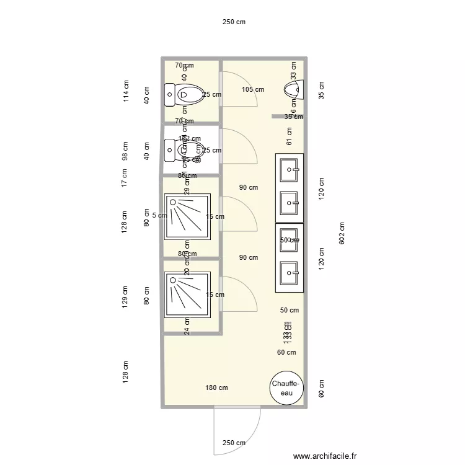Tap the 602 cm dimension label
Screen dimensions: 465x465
pyautogui.click(x=343, y=233)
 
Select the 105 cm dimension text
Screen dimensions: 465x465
pyautogui.click(x=252, y=89)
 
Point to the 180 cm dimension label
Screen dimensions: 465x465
pyautogui.click(x=216, y=388)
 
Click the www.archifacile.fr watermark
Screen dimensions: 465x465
pyautogui.click(x=325, y=456)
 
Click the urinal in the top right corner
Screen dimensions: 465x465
pyautogui.click(x=293, y=89)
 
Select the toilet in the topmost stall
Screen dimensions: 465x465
pyautogui.click(x=185, y=95)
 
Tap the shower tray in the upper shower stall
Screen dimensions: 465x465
pyautogui.click(x=188, y=216)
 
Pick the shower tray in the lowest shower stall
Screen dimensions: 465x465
pyautogui.click(x=188, y=296)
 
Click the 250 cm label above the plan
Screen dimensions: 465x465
pyautogui.click(x=234, y=22)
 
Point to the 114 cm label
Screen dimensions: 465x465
pyautogui.click(x=126, y=92)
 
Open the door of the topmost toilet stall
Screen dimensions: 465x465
pyautogui.click(x=238, y=89)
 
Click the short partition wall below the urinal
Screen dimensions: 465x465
pyautogui.click(x=287, y=116)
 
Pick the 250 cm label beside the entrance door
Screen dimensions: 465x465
pyautogui.click(x=234, y=443)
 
